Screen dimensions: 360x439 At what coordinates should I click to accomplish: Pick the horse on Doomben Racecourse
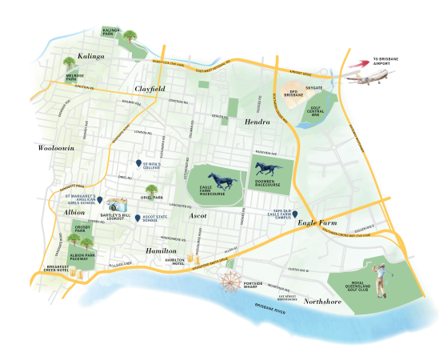(x=265, y=168)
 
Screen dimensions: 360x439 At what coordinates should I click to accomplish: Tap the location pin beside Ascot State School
(x=138, y=218)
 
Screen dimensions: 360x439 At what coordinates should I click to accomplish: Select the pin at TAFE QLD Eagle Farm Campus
(x=295, y=214)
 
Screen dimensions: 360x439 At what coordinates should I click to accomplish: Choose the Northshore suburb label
(x=324, y=302)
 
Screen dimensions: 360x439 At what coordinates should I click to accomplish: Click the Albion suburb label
(x=74, y=213)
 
